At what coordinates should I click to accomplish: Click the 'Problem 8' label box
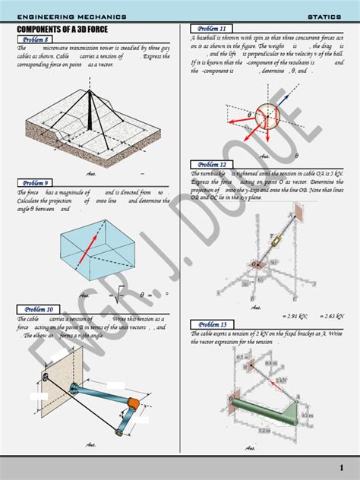click(36, 39)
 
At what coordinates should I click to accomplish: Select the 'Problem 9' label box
click(36, 183)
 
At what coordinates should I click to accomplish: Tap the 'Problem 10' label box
click(38, 309)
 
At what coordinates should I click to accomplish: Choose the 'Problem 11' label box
click(212, 28)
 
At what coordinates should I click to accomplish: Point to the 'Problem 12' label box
click(212, 165)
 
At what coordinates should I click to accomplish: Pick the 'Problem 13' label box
click(212, 324)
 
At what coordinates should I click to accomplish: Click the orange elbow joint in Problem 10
click(130, 403)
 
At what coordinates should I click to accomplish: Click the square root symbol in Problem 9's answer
click(119, 295)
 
